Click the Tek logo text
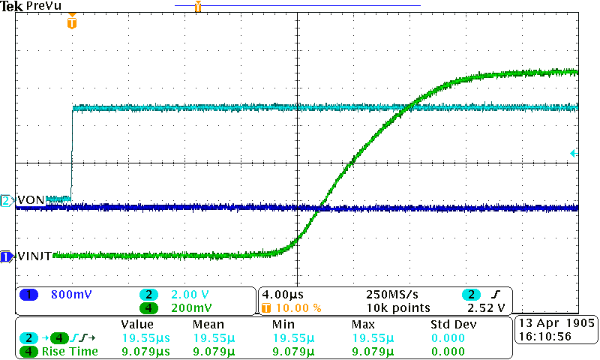[13, 6]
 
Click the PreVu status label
[42, 6]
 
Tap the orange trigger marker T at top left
[71, 23]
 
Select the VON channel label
[31, 200]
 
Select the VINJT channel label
[34, 256]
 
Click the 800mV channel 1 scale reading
[71, 295]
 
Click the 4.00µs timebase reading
[285, 295]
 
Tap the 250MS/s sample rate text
[391, 295]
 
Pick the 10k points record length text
[397, 308]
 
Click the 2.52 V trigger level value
[485, 308]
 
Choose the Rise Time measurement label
[70, 351]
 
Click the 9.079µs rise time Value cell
[145, 351]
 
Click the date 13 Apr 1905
[556, 324]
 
